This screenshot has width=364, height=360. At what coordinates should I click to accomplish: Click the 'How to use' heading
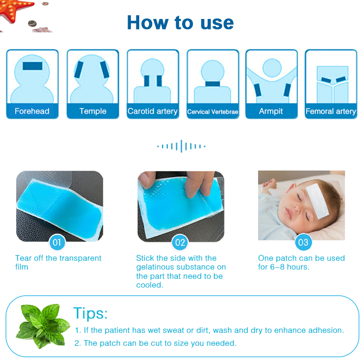(x=180, y=22)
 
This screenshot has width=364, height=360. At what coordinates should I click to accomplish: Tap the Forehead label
(x=32, y=111)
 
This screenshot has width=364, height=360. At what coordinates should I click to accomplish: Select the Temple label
(x=93, y=111)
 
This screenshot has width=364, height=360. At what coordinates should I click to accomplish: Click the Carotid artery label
(x=153, y=111)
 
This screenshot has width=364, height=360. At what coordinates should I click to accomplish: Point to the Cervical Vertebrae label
(x=213, y=112)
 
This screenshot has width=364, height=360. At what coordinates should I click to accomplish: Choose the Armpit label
(x=271, y=111)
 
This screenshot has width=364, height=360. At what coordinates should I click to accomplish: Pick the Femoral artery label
(x=331, y=111)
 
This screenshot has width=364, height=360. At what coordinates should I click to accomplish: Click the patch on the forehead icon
(x=32, y=66)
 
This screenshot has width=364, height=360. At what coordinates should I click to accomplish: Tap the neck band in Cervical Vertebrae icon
(x=213, y=84)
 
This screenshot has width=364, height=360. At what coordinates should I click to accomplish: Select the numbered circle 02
(x=180, y=242)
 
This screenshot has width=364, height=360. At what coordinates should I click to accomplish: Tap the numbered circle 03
(x=303, y=242)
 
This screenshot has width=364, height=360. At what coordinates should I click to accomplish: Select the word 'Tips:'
(x=91, y=313)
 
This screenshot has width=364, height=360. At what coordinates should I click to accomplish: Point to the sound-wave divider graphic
(x=181, y=146)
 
